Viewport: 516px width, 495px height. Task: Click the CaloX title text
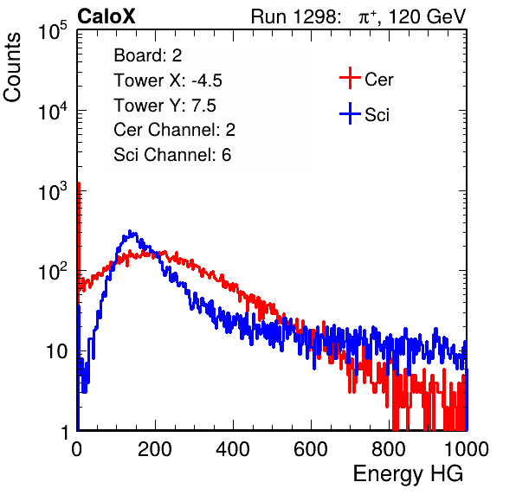tap(106, 16)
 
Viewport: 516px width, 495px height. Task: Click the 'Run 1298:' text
tap(295, 16)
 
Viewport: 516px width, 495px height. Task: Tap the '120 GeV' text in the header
tap(427, 16)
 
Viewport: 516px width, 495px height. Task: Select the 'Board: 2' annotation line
tap(148, 55)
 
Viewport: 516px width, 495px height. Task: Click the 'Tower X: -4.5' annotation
tap(168, 80)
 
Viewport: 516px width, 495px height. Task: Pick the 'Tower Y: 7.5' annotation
tap(164, 106)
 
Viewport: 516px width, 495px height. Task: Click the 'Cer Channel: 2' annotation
tap(174, 130)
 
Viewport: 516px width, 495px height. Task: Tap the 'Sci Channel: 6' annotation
tap(172, 155)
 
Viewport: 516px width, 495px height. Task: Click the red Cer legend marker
tap(350, 78)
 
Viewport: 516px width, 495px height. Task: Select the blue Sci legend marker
tap(350, 114)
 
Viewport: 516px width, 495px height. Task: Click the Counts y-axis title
tap(12, 67)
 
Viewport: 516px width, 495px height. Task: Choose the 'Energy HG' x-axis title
tap(408, 474)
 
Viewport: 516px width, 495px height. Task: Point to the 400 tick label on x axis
tap(233, 449)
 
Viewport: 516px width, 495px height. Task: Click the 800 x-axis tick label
tap(389, 449)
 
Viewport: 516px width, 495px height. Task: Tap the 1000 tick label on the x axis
tap(467, 449)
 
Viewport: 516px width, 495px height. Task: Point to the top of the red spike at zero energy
tap(79, 183)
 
